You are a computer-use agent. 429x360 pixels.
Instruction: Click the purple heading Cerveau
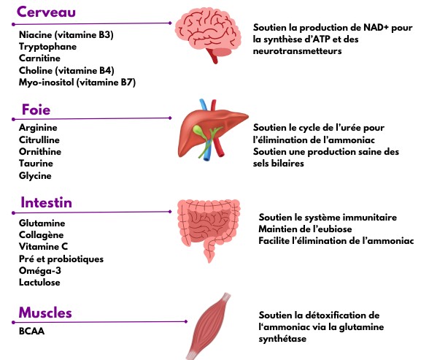46,12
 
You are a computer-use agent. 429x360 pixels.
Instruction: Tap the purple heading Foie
36,110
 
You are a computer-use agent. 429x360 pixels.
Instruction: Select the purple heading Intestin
46,202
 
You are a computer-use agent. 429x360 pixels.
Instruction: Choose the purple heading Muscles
45,313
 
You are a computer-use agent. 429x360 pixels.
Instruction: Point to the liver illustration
213,130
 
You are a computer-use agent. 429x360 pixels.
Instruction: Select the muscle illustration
209,326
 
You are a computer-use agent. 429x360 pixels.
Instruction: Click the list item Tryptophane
47,47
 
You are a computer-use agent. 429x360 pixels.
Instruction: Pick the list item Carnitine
39,58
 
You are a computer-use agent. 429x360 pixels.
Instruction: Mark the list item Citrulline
39,140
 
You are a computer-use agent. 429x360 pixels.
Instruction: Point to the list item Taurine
36,164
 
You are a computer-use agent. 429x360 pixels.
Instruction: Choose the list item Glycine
35,175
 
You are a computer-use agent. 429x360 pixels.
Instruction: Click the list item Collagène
42,235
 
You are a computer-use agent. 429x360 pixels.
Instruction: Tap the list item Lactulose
39,283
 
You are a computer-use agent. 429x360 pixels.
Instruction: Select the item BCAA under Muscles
31,331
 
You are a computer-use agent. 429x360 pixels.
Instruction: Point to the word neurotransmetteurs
297,51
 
